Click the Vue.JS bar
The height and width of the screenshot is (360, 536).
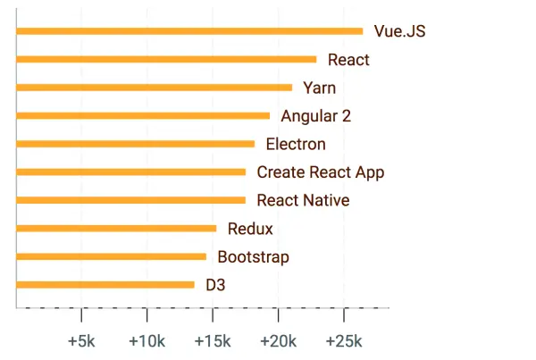189,31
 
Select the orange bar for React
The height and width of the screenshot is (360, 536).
166,60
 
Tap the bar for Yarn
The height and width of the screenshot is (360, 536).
155,88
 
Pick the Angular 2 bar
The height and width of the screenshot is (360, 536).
143,115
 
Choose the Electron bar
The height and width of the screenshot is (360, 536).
136,144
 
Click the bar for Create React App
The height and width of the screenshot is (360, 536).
130,172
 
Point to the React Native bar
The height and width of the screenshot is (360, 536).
130,200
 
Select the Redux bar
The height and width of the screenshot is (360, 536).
116,229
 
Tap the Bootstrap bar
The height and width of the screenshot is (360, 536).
111,256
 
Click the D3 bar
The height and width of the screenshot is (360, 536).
105,285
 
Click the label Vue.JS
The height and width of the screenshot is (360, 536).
399,32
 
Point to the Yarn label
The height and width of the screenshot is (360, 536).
320,88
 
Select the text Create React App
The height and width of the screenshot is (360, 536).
321,172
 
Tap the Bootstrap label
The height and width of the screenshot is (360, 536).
254,257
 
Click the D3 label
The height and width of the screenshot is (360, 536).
215,286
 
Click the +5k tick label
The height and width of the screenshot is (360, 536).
81,341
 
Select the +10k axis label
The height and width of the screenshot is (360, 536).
147,341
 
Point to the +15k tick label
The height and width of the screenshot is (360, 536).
212,341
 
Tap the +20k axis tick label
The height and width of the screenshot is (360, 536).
278,341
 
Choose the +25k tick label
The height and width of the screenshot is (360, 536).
343,341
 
